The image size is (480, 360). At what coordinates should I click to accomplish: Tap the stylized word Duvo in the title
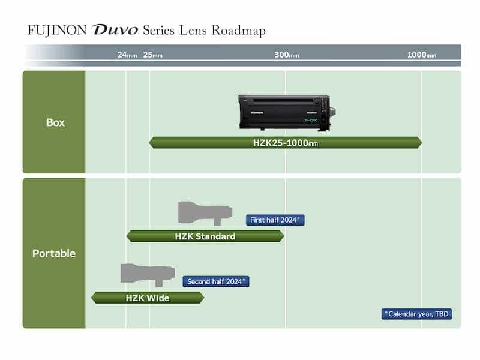115,31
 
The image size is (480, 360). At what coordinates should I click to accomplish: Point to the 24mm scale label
127,55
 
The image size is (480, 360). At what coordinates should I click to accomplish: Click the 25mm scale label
153,55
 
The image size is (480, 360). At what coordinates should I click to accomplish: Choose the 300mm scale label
286,55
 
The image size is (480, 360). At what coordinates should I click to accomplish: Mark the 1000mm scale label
421,55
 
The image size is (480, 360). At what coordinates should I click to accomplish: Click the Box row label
55,122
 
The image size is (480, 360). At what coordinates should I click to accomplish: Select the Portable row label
54,253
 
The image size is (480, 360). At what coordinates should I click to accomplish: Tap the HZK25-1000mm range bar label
286,143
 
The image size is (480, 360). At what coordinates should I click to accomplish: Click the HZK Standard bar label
205,236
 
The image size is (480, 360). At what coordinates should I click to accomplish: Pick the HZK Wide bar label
148,298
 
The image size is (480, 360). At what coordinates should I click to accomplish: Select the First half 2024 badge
275,220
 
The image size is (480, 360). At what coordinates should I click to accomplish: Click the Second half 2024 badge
216,281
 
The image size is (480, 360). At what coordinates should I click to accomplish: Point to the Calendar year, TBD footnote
416,313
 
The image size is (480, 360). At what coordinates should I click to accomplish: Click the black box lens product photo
286,112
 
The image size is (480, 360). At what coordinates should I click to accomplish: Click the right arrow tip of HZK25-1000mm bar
420,143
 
